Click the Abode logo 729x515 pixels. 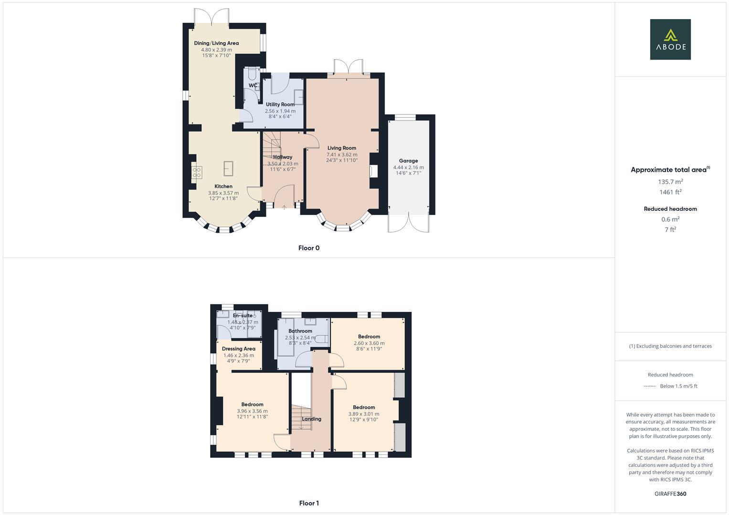click(670, 39)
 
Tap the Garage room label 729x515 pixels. click(408, 161)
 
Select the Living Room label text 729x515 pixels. click(341, 148)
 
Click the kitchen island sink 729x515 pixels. click(229, 168)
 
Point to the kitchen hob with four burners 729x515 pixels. click(197, 172)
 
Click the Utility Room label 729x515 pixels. click(280, 104)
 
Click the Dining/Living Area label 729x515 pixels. click(216, 43)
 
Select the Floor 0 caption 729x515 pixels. click(309, 248)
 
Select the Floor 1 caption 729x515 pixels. click(309, 503)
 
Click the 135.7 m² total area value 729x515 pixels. click(670, 182)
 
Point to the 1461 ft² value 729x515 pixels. click(670, 192)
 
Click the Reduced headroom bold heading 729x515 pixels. click(670, 209)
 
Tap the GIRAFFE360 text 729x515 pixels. click(670, 494)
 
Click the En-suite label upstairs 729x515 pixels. click(243, 316)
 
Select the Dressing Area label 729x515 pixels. click(239, 349)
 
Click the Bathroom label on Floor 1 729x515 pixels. click(300, 331)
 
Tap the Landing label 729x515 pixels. click(312, 419)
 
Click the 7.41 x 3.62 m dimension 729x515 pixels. click(342, 154)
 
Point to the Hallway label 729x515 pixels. click(283, 157)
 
